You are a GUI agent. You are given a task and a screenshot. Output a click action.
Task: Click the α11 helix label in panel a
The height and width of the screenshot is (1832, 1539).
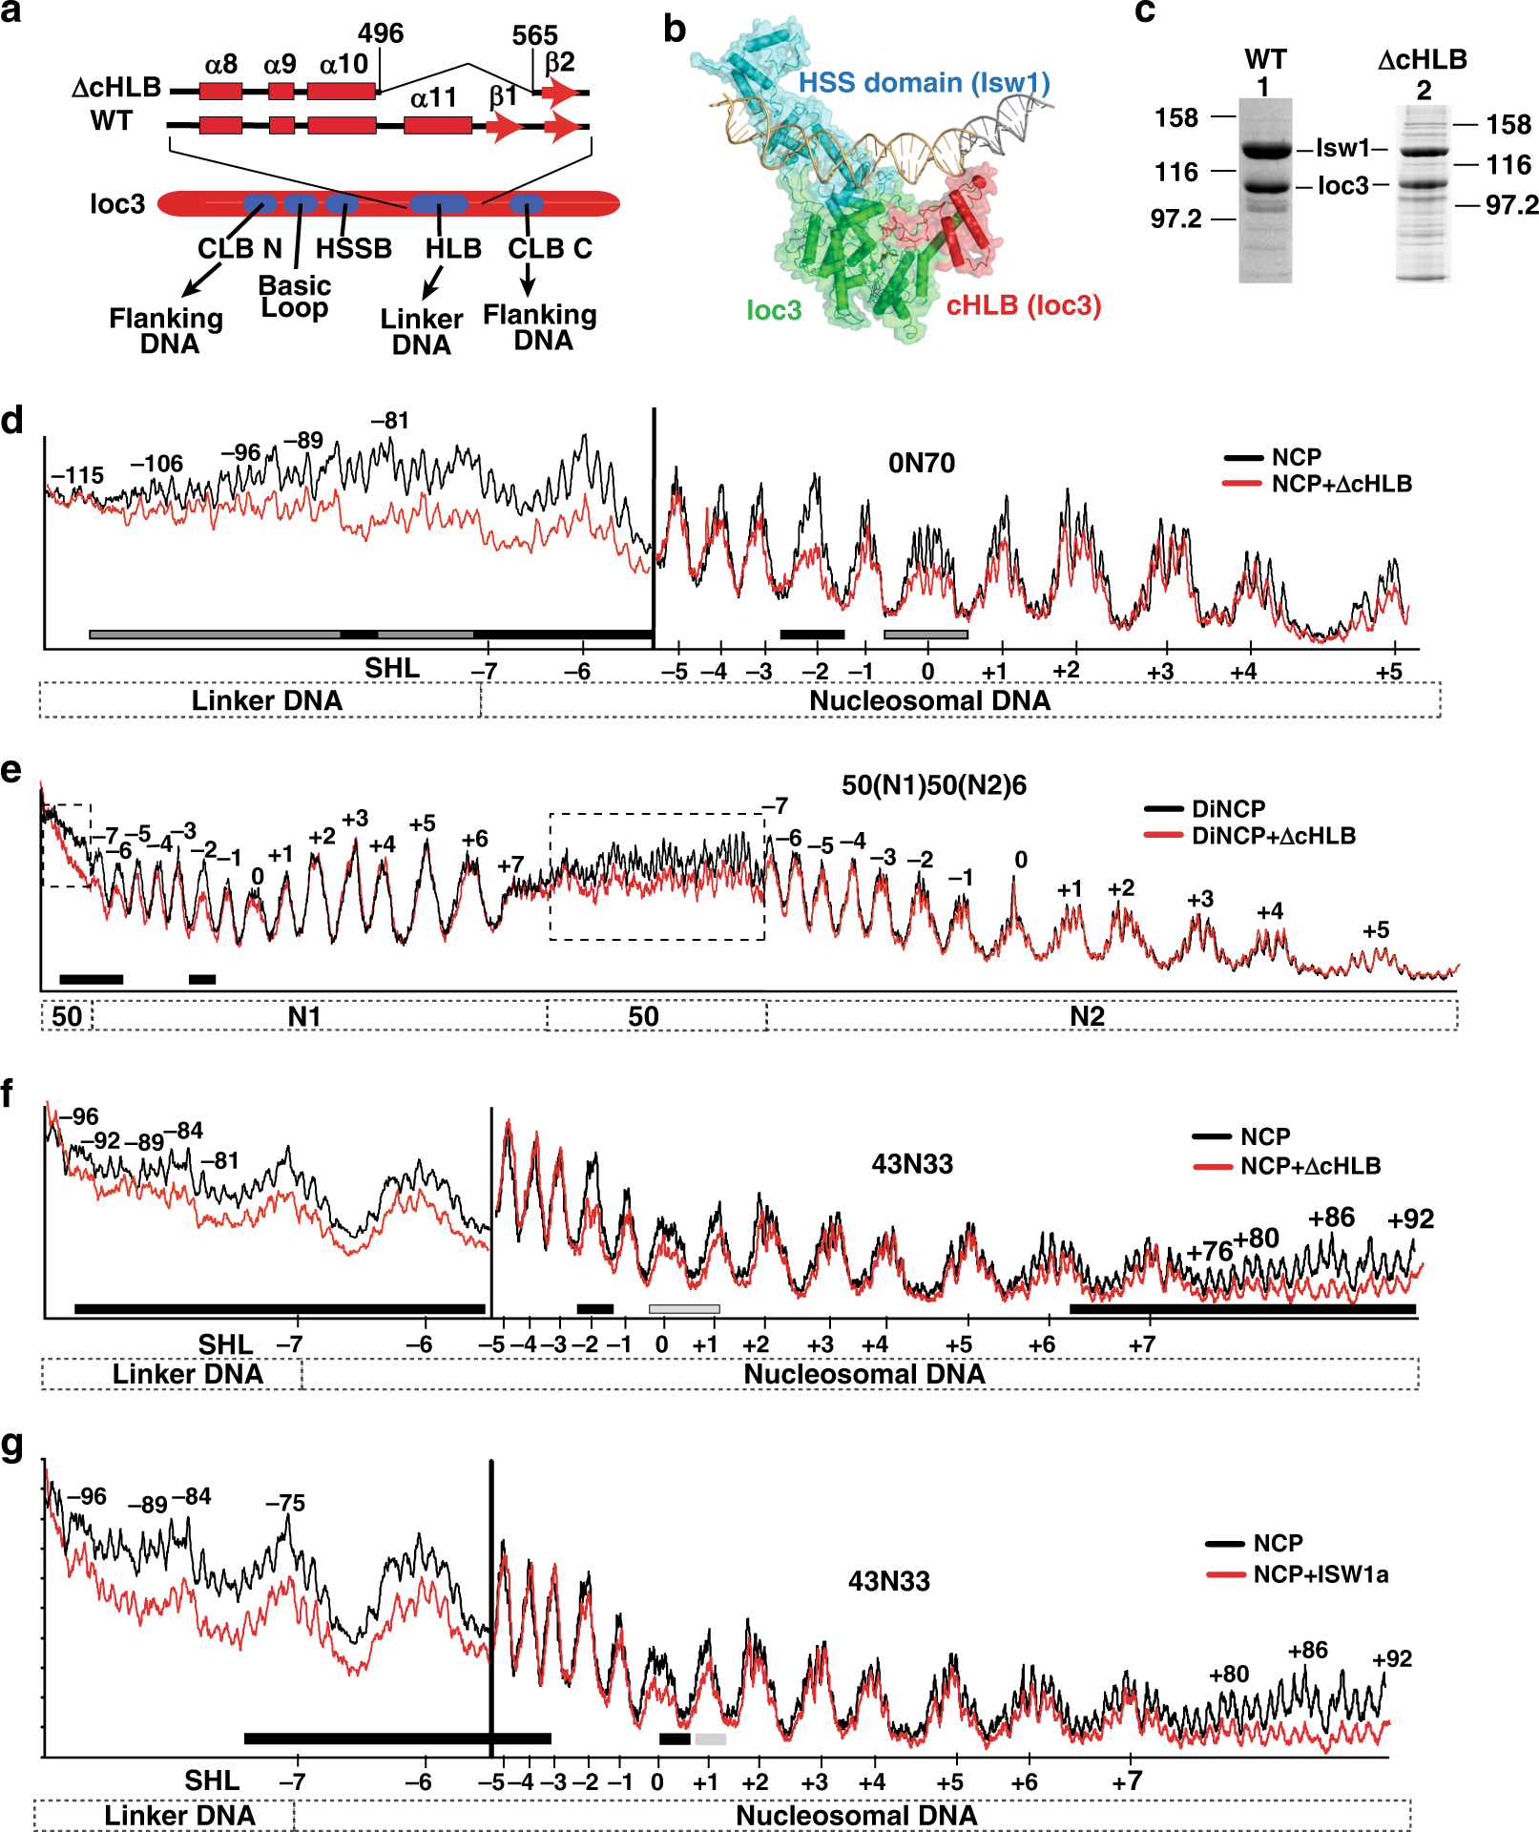coord(433,97)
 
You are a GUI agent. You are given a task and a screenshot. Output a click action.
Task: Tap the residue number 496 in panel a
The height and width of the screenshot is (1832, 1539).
coord(381,33)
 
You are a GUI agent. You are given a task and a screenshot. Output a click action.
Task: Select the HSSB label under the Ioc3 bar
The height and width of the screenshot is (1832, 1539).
coord(354,249)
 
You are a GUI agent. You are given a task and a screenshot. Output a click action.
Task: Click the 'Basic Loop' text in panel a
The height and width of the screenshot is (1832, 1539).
coord(295,297)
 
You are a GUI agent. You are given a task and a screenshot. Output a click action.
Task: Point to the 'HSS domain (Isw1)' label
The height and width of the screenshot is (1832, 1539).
coord(924,83)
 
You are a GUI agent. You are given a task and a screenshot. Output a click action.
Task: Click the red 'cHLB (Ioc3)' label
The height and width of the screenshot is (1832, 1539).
coord(1023,306)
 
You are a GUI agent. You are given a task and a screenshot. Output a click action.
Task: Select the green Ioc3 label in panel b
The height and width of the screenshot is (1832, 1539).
coord(774,310)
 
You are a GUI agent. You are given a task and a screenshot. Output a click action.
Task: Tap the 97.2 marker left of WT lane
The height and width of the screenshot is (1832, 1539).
coord(1175,219)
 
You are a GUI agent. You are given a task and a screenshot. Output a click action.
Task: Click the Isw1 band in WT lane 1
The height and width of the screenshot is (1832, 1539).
coord(1265,150)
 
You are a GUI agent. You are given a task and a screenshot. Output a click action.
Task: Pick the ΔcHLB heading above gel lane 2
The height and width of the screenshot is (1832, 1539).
coord(1422,60)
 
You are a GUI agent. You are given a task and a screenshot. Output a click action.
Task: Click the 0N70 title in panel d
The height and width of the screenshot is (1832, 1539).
coord(921,464)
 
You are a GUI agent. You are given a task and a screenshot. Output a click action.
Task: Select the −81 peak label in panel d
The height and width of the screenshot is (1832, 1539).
coord(390,421)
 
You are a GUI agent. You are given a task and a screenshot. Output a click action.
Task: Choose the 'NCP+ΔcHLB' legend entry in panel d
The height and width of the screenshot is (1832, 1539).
coord(1341,484)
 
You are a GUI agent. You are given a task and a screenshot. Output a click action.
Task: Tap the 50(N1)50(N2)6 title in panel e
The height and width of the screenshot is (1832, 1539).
coord(933,785)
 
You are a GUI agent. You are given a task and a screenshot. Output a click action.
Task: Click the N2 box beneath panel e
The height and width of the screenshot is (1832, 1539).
coord(1088,1016)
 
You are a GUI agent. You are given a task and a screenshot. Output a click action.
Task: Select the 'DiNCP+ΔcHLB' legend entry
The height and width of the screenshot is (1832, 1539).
coord(1273,836)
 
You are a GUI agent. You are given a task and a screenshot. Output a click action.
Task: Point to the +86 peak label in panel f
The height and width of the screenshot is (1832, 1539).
coord(1331,1218)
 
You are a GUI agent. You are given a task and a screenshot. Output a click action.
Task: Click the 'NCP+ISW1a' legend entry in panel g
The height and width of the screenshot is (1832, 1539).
coord(1321,1574)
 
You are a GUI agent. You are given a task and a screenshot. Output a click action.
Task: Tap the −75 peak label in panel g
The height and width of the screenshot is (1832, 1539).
coord(285,1503)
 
